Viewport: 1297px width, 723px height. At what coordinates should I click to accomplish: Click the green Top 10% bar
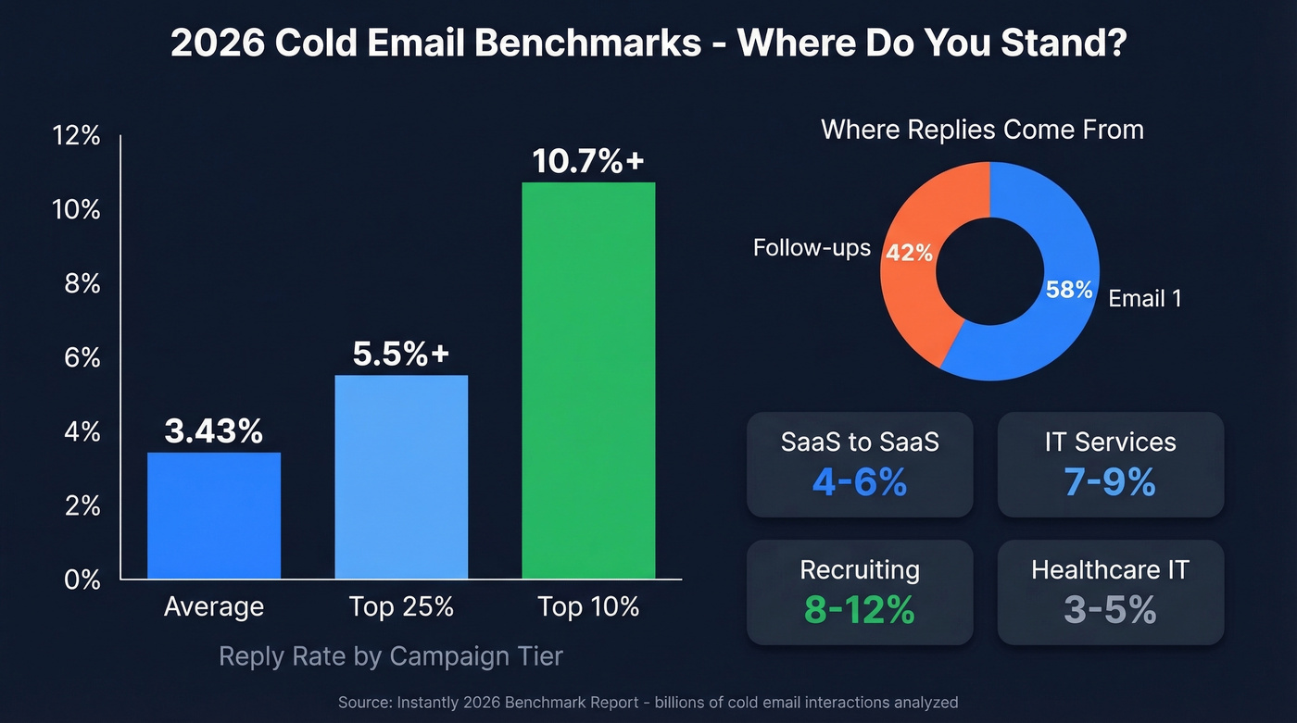click(x=588, y=380)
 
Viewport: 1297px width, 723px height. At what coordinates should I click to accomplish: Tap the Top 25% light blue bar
click(x=401, y=477)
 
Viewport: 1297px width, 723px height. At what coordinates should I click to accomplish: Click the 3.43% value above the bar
click(x=214, y=430)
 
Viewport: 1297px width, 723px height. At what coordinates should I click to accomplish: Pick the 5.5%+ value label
click(x=401, y=354)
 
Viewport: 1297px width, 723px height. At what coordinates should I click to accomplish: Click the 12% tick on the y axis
click(x=77, y=136)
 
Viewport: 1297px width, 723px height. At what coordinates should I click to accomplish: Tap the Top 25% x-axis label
click(x=401, y=607)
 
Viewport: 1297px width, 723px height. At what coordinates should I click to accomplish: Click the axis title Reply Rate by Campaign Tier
click(x=390, y=656)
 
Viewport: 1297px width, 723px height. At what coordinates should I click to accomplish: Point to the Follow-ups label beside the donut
click(x=812, y=248)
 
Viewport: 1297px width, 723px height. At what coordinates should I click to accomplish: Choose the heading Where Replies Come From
click(x=982, y=130)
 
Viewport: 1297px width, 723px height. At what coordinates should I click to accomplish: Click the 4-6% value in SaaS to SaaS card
click(x=859, y=482)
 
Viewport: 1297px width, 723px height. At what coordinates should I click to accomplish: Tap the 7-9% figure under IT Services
click(x=1110, y=482)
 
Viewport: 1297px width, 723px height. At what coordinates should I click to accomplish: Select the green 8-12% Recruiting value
click(x=859, y=610)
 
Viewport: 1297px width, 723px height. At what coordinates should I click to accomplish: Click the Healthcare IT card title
click(x=1110, y=569)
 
